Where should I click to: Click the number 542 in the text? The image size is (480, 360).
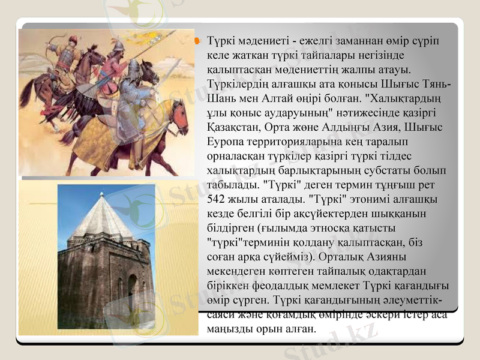point(215,199)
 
